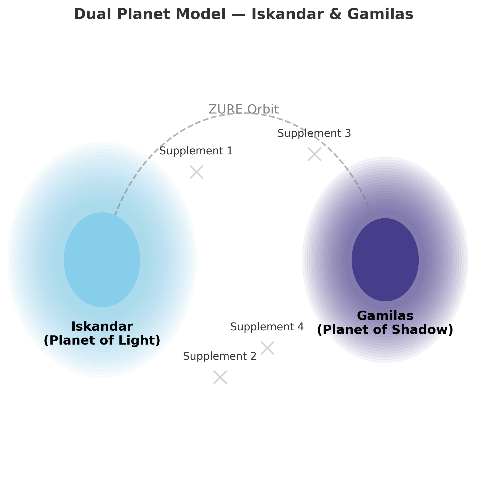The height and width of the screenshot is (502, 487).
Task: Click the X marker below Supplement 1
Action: (196, 172)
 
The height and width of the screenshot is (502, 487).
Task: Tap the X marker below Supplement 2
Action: (220, 377)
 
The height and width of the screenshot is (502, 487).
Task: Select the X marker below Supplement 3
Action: (314, 154)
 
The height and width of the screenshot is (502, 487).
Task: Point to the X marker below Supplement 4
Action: (267, 348)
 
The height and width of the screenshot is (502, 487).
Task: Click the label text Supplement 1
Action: (196, 151)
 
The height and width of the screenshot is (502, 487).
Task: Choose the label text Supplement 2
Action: (220, 356)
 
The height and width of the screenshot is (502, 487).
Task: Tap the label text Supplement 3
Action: (314, 133)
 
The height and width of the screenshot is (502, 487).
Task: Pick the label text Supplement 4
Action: (267, 327)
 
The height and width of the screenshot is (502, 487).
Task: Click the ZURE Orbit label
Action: (244, 109)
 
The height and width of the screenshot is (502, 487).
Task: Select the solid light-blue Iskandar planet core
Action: (102, 260)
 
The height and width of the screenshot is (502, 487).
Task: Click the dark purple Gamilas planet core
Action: (385, 260)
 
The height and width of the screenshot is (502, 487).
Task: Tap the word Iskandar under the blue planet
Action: (102, 327)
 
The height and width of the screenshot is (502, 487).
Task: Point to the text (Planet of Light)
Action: (102, 341)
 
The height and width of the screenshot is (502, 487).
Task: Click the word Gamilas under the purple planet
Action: (385, 316)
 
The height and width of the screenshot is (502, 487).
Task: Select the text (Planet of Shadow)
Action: (385, 330)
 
